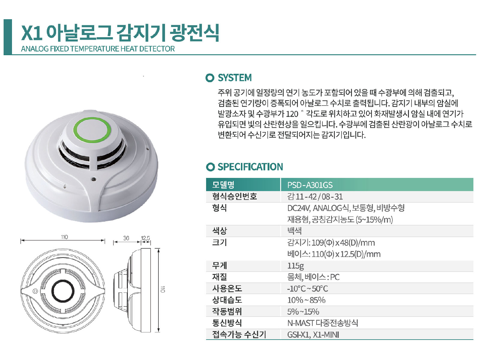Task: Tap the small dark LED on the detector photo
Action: pos(94,179)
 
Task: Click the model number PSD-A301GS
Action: pos(310,185)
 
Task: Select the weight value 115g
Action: pos(295,266)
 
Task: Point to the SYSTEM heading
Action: pos(235,78)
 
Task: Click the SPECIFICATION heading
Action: pos(250,167)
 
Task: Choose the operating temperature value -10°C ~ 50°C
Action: pos(307,289)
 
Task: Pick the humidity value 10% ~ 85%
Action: pos(306,300)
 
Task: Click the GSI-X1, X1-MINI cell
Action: pos(313,334)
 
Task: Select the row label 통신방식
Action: pos(227,323)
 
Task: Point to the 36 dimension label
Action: pos(126,238)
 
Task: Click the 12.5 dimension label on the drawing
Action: pos(145,238)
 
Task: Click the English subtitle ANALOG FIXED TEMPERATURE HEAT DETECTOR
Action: pos(98,49)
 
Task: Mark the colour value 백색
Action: pos(294,231)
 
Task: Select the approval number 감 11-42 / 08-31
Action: pos(315,197)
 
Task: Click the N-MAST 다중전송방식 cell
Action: pos(322,323)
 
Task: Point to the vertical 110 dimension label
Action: pos(163,289)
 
